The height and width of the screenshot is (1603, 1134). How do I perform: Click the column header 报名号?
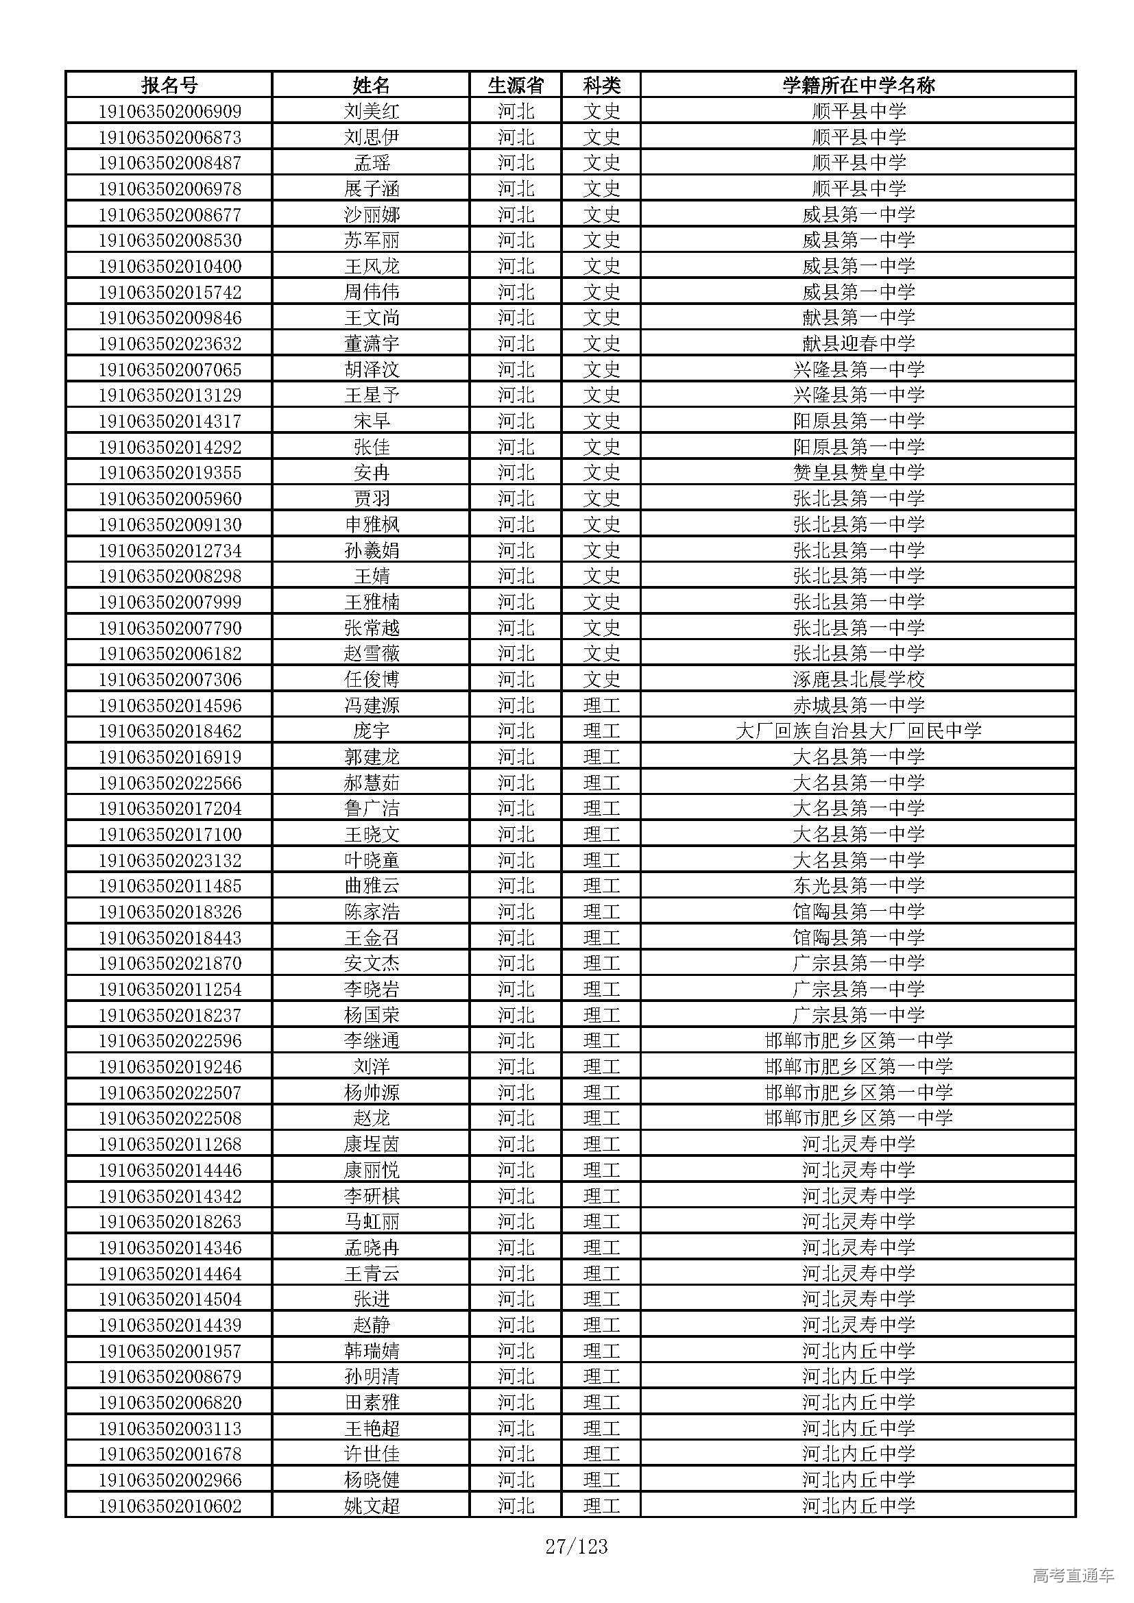[169, 85]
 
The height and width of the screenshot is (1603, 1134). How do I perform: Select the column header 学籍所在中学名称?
[858, 85]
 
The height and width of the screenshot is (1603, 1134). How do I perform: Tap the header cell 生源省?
[516, 85]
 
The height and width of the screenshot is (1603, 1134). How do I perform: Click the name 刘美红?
[372, 111]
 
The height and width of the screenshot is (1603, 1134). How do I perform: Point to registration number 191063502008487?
[169, 162]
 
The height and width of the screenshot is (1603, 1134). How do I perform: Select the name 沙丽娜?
[372, 215]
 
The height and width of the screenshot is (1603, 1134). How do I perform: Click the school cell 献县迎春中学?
[858, 343]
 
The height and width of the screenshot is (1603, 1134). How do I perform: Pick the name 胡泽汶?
[372, 369]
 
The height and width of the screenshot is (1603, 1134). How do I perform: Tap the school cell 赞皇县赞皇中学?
[858, 473]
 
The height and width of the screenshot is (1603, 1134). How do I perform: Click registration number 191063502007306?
[169, 679]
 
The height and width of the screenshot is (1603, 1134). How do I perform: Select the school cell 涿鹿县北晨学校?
[858, 679]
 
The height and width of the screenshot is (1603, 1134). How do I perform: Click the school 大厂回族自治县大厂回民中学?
[858, 731]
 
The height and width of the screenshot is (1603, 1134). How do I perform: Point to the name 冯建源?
[372, 705]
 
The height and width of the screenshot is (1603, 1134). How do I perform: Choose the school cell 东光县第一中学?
[858, 886]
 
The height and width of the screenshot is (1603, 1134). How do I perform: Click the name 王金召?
[372, 938]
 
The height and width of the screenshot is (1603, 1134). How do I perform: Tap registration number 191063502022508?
[169, 1118]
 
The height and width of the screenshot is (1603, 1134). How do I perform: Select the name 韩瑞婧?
[372, 1351]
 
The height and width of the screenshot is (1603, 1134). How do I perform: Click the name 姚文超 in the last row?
[372, 1506]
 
